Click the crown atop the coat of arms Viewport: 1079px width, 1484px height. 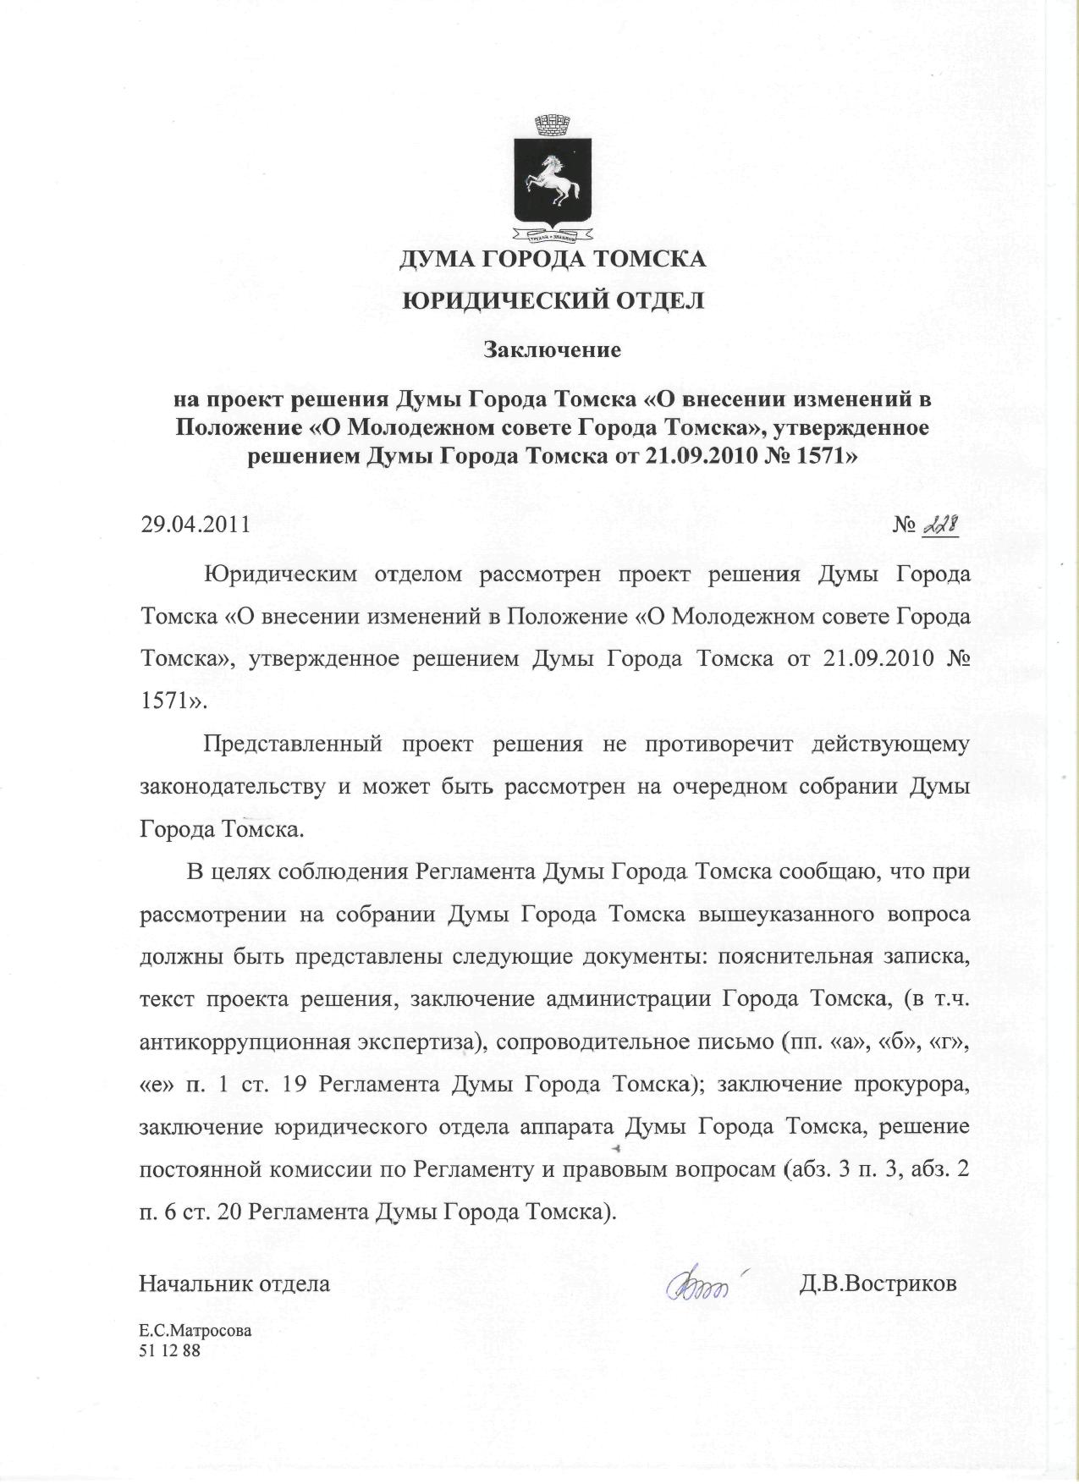click(553, 125)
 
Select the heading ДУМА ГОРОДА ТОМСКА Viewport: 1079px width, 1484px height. click(553, 258)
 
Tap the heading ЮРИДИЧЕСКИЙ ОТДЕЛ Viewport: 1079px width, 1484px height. click(553, 300)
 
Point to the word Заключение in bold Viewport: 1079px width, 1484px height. click(553, 348)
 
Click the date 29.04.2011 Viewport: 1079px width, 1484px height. click(195, 524)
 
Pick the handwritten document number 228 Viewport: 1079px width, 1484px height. click(940, 525)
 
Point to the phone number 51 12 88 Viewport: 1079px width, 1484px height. click(170, 1350)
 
